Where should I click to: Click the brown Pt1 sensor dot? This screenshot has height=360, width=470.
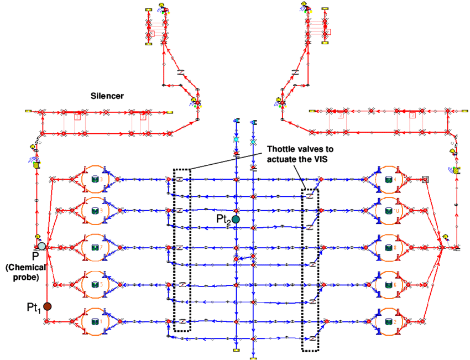pyautogui.click(x=48, y=306)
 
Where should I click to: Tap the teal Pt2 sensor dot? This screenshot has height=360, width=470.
pyautogui.click(x=236, y=220)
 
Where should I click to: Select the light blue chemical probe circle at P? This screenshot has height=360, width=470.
pyautogui.click(x=42, y=246)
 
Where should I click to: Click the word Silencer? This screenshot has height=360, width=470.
pyautogui.click(x=107, y=96)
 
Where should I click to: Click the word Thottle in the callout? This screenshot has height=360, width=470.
pyautogui.click(x=280, y=150)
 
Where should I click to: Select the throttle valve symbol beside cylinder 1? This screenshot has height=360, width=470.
pyautogui.click(x=181, y=321)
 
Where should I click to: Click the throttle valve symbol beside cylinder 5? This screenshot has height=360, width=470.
pyautogui.click(x=181, y=284)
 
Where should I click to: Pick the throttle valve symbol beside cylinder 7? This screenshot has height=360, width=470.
pyautogui.click(x=181, y=248)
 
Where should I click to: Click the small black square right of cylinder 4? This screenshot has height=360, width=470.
pyautogui.click(x=425, y=179)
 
